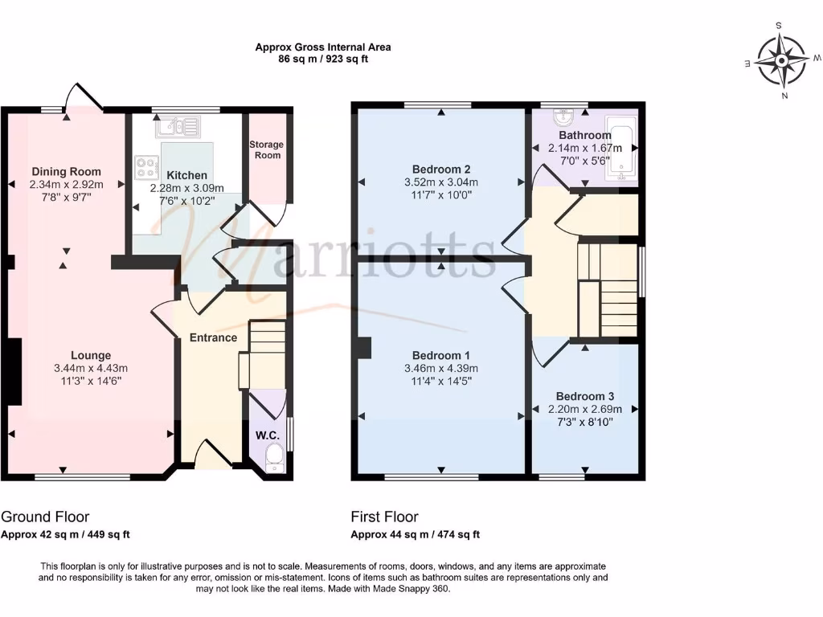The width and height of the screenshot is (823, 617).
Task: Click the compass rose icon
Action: point(783,60)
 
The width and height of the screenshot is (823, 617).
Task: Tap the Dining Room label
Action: point(67,171)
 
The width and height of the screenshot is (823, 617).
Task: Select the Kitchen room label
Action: point(186,175)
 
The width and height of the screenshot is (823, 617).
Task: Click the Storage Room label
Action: point(266,149)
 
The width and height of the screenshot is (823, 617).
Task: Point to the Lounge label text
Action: point(91,355)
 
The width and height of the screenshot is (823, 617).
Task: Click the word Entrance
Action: point(213,337)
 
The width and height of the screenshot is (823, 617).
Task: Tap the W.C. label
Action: point(267,435)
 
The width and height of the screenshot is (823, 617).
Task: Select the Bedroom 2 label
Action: point(440,169)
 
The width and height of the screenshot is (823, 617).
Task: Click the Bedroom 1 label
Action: point(440,355)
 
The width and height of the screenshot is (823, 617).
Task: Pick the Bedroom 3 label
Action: point(584,396)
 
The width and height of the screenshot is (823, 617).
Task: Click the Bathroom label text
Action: point(584,135)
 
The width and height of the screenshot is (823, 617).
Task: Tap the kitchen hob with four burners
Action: point(147,168)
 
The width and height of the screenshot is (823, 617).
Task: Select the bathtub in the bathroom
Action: point(621,148)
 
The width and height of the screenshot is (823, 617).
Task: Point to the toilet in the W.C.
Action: point(272,460)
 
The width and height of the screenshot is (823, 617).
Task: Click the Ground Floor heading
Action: point(45,517)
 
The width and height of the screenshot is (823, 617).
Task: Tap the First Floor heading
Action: point(384,517)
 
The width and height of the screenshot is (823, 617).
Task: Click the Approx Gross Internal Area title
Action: point(323,47)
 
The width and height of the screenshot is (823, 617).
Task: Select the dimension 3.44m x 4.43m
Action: point(91,369)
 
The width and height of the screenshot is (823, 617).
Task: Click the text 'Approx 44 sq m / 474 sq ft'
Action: point(416,534)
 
